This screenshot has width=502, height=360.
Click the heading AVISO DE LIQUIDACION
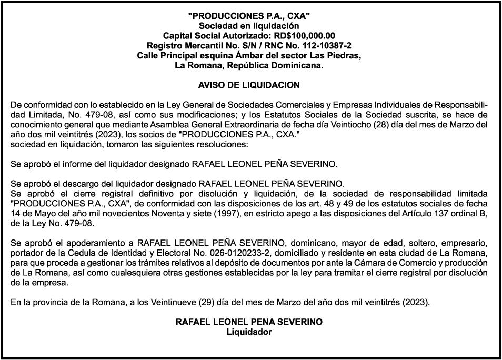[x=249, y=85]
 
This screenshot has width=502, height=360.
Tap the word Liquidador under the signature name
[x=249, y=332]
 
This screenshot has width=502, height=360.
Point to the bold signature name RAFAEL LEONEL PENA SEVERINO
[x=249, y=322]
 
